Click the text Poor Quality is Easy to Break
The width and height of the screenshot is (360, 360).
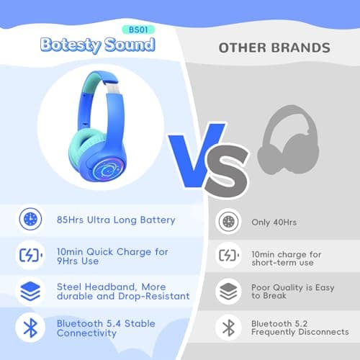292,292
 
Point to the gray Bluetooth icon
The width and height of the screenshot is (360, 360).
228,328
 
